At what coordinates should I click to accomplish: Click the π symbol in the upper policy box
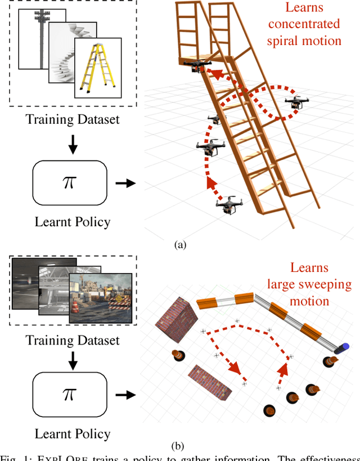[69, 183]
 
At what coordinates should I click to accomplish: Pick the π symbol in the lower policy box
[69, 395]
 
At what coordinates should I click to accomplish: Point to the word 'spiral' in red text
[304, 41]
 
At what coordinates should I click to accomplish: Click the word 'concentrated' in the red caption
[304, 24]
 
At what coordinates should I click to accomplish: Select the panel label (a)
[180, 244]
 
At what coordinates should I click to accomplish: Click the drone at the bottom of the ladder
[228, 205]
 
